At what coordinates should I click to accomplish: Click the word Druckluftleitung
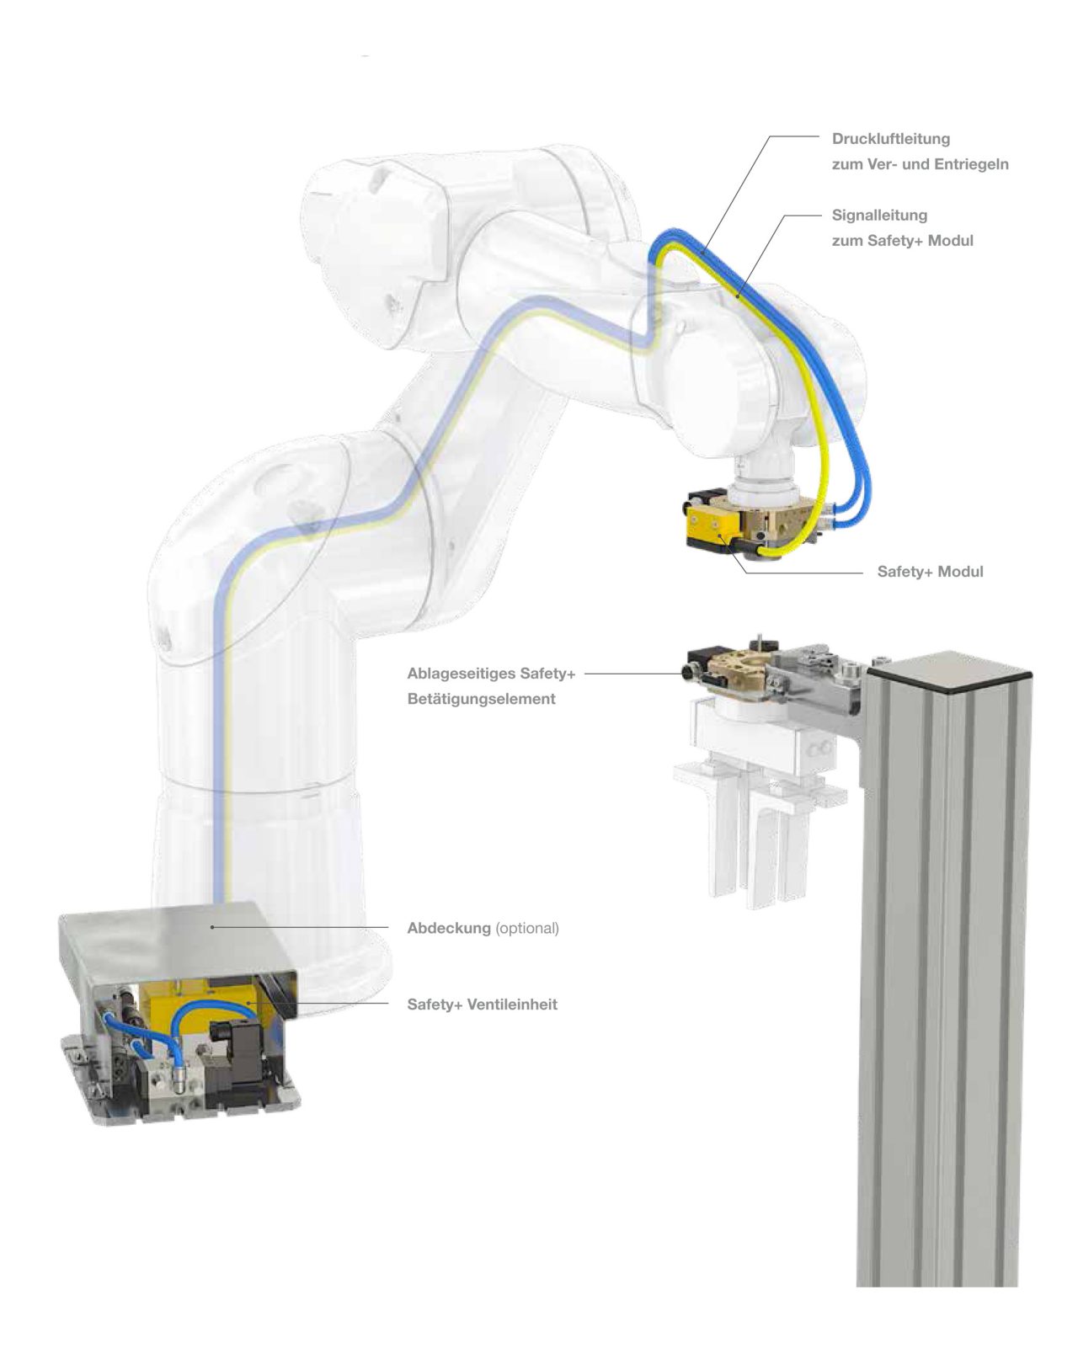click(x=890, y=139)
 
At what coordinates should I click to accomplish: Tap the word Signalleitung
click(x=879, y=216)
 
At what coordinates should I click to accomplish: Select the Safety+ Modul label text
click(x=930, y=572)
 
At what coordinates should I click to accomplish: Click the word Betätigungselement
click(x=481, y=699)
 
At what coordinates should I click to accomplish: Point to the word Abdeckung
click(x=448, y=928)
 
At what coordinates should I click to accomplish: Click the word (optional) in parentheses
click(x=527, y=928)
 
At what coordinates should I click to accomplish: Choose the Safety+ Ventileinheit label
click(x=482, y=1005)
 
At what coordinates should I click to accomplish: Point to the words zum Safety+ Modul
click(x=902, y=241)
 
